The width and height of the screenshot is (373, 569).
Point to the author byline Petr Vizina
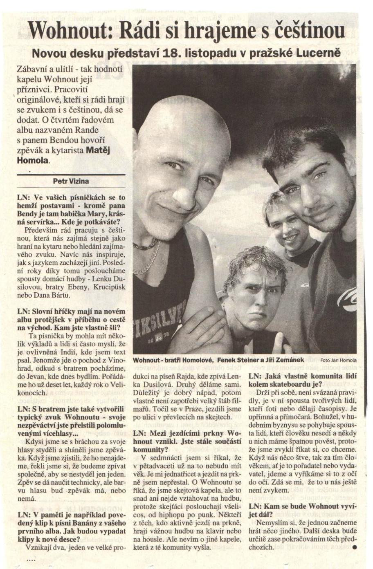click(x=71, y=181)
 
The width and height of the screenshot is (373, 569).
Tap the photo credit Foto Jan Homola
click(x=338, y=360)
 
